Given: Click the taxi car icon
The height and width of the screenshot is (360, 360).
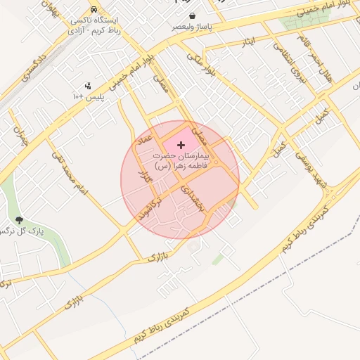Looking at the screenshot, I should (x=94, y=10).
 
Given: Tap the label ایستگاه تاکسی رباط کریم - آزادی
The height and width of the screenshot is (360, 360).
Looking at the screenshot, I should (x=95, y=26).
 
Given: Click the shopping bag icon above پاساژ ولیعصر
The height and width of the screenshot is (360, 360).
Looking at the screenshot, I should (x=192, y=15).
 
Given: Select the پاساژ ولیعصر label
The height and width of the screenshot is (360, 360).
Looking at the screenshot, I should (x=191, y=27).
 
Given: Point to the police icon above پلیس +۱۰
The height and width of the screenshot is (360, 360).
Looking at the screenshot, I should (x=88, y=86).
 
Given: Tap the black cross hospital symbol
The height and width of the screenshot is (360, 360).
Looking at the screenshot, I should (x=182, y=144).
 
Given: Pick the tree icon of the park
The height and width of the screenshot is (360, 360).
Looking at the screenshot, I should (x=19, y=221).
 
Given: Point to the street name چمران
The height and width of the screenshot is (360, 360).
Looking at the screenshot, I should (x=18, y=134).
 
